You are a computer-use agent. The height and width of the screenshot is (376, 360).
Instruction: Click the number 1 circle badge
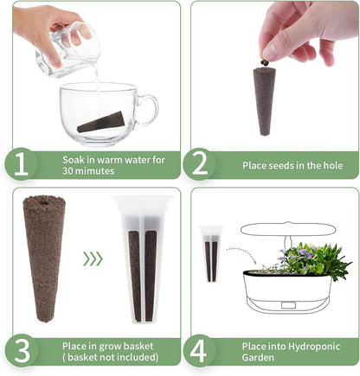point(23,164)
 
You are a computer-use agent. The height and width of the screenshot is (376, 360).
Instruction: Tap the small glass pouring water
point(67,52)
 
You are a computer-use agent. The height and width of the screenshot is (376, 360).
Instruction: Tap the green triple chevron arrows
point(92,258)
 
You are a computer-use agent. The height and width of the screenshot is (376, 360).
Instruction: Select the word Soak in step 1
point(73,160)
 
